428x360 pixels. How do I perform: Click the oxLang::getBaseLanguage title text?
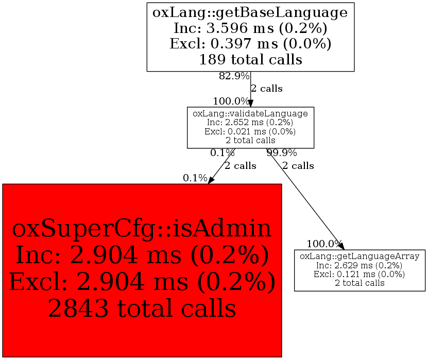(x=250, y=12)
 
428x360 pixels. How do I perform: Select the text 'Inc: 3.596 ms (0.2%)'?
(x=250, y=27)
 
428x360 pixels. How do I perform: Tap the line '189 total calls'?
(x=250, y=59)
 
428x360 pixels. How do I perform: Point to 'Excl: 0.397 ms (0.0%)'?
(x=250, y=43)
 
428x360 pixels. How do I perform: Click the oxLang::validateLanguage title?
(x=250, y=113)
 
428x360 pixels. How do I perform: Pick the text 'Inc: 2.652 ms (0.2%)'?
(x=250, y=123)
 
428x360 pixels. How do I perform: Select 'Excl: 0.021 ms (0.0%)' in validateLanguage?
(x=250, y=131)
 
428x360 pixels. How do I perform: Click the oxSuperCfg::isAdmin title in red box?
(x=142, y=229)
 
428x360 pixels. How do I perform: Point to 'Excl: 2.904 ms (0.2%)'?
(x=142, y=282)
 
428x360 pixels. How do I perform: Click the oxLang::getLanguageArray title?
(x=359, y=256)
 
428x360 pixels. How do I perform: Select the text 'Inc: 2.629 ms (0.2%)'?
(x=359, y=265)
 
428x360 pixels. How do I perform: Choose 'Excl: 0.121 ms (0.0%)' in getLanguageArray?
(x=359, y=273)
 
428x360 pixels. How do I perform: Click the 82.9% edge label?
(x=234, y=76)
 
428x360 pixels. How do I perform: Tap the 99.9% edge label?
(x=281, y=153)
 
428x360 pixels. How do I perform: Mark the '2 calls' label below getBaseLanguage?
(x=266, y=89)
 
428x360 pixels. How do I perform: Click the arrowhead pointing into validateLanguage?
(x=251, y=103)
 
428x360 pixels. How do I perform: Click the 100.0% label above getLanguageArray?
(x=324, y=244)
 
